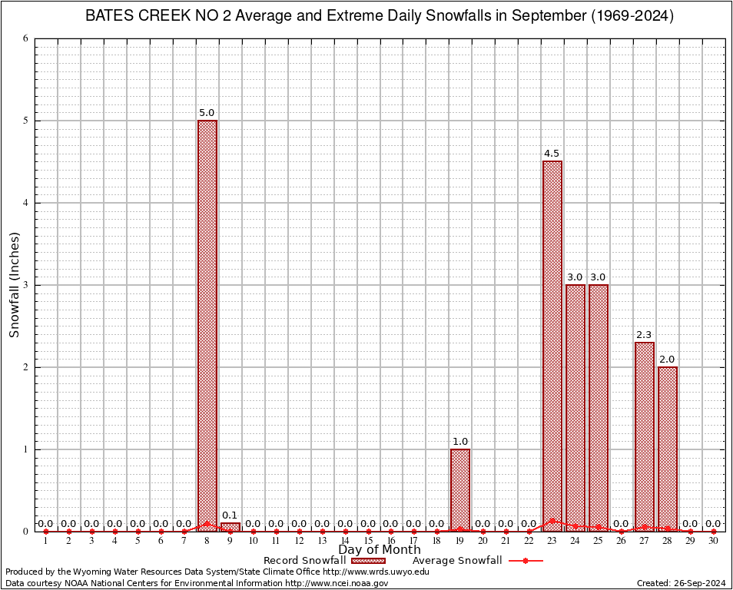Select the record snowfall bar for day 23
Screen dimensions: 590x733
pyautogui.click(x=552, y=346)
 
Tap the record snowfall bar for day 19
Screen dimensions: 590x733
pyautogui.click(x=460, y=490)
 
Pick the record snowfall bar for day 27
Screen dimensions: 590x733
pyautogui.click(x=645, y=436)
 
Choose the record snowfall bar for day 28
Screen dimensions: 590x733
pyautogui.click(x=668, y=449)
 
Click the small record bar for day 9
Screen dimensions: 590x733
pyautogui.click(x=230, y=527)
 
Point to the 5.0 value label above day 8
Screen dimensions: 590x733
pyautogui.click(x=207, y=113)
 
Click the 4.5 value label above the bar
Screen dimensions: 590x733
pyautogui.click(x=552, y=154)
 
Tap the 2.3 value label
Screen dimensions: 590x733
pyautogui.click(x=644, y=335)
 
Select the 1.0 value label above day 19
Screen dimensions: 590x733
pyautogui.click(x=460, y=442)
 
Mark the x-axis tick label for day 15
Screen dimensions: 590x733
pyautogui.click(x=368, y=542)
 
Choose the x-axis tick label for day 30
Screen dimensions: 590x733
pyautogui.click(x=714, y=542)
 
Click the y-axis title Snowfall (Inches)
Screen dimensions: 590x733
pyautogui.click(x=15, y=285)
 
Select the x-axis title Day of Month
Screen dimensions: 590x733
pyautogui.click(x=380, y=550)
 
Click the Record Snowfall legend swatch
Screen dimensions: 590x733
pyautogui.click(x=368, y=561)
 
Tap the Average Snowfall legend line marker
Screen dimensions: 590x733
pyautogui.click(x=526, y=561)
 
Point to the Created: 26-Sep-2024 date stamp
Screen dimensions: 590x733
pyautogui.click(x=681, y=583)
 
